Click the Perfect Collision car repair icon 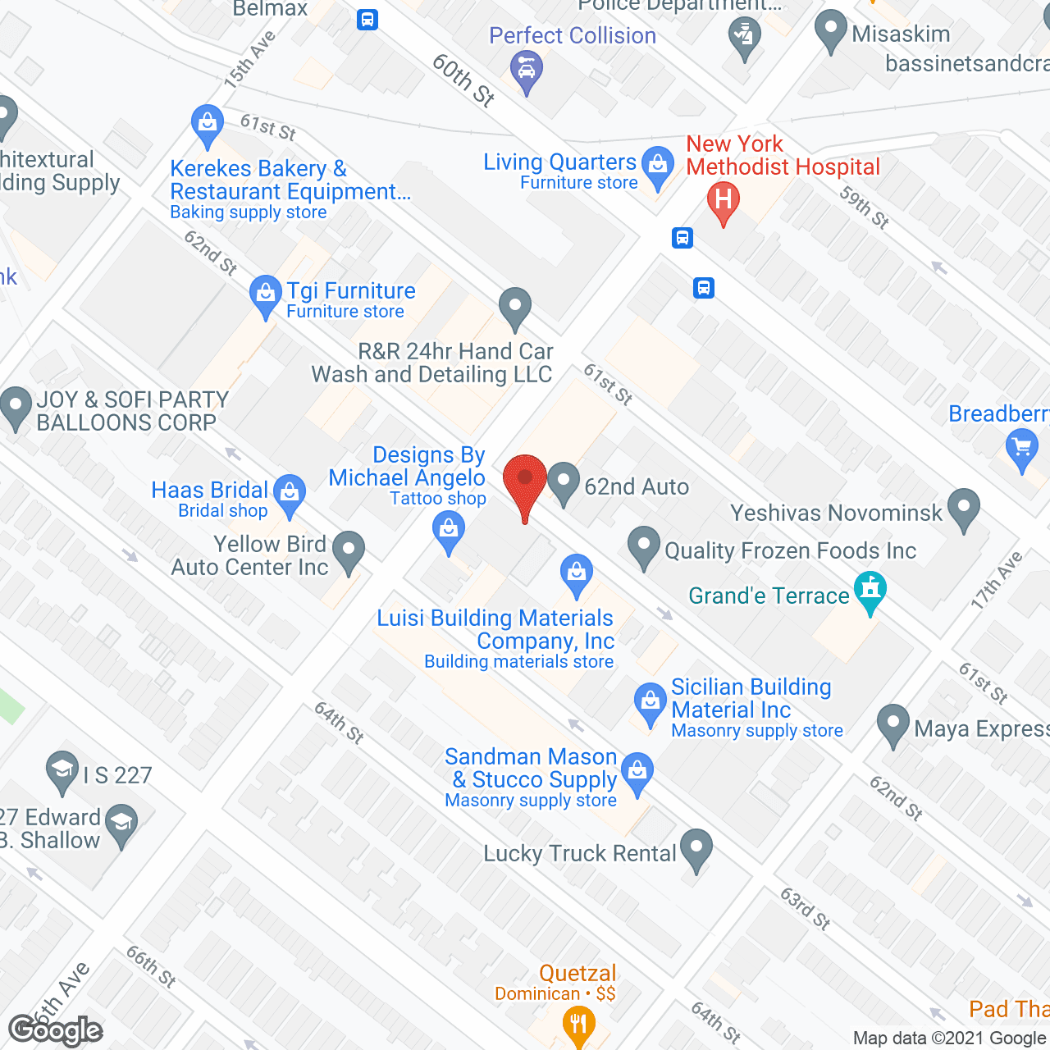[x=526, y=68]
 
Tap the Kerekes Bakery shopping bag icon [x=207, y=124]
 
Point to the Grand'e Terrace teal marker [x=870, y=590]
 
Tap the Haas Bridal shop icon [x=290, y=493]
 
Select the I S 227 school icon [x=62, y=770]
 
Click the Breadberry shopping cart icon [x=1021, y=449]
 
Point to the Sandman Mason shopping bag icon [x=637, y=771]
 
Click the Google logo [x=56, y=1029]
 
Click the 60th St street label [x=463, y=80]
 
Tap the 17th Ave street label [x=997, y=580]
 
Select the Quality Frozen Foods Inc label [x=790, y=550]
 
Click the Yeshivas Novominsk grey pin [x=964, y=508]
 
